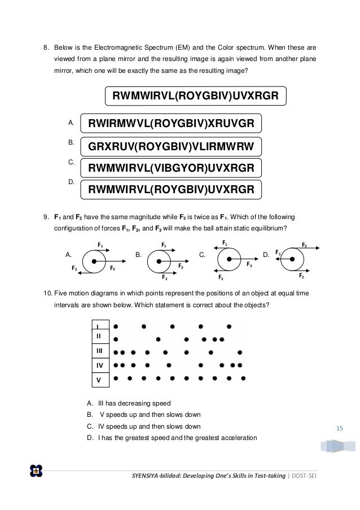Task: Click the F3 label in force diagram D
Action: pyautogui.click(x=304, y=245)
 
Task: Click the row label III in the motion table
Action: pyautogui.click(x=99, y=351)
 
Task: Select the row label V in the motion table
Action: pyautogui.click(x=99, y=380)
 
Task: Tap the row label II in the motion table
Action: pyautogui.click(x=99, y=336)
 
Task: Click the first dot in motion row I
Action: pyautogui.click(x=116, y=326)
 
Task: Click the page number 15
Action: pyautogui.click(x=340, y=429)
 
